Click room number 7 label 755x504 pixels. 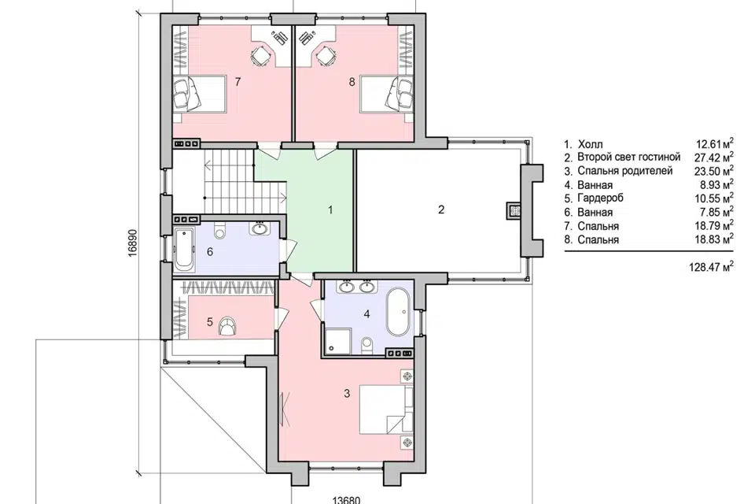(238, 82)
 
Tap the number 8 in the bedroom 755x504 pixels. (352, 82)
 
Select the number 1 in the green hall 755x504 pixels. (330, 209)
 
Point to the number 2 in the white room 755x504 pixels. (441, 209)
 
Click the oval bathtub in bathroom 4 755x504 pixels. (399, 313)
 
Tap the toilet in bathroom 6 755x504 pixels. (220, 232)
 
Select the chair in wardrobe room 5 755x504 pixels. (227, 325)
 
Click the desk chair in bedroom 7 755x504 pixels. (260, 56)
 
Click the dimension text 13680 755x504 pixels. (346, 499)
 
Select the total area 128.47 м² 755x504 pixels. (711, 267)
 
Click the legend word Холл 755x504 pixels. (590, 144)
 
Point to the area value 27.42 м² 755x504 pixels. (715, 157)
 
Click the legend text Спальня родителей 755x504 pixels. (625, 171)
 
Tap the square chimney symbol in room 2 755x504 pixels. (514, 209)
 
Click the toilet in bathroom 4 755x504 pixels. (367, 344)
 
